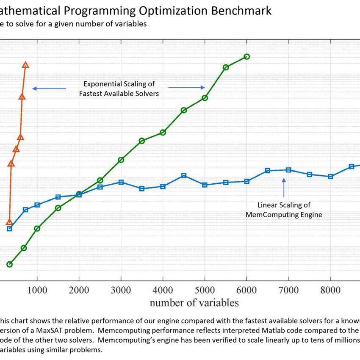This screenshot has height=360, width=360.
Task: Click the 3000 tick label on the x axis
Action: click(x=121, y=290)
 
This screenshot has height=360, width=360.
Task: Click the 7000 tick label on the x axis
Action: click(x=288, y=290)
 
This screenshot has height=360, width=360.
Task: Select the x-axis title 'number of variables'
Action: click(x=194, y=302)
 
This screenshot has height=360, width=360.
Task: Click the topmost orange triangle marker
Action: click(x=25, y=65)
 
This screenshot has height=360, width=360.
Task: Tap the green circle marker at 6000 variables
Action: click(x=246, y=56)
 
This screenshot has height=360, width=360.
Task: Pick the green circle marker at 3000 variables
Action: click(x=121, y=160)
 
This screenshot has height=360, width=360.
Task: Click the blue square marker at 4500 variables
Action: click(x=184, y=175)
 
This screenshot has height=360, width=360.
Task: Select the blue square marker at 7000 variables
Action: click(x=288, y=170)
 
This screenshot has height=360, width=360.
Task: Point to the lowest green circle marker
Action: click(x=9, y=264)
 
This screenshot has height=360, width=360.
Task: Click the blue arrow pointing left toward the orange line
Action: click(x=49, y=89)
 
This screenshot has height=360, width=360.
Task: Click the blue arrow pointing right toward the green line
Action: click(x=187, y=88)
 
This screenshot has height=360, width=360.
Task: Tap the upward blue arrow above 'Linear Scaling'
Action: click(x=284, y=186)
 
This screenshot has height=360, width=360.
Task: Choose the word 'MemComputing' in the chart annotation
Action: click(x=267, y=215)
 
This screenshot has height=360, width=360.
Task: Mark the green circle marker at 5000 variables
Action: click(x=205, y=98)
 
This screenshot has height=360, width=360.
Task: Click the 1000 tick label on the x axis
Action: click(x=37, y=290)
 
